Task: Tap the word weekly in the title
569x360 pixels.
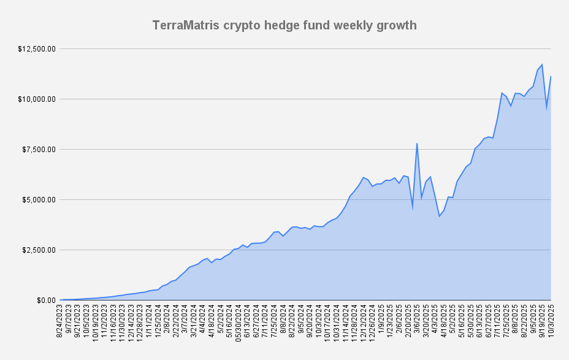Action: (x=355, y=26)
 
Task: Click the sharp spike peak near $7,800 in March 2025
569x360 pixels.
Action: (x=417, y=144)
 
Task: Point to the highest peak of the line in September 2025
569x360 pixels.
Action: (x=542, y=64)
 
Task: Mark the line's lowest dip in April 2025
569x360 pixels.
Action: (x=440, y=216)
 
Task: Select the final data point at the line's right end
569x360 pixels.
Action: (x=551, y=77)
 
